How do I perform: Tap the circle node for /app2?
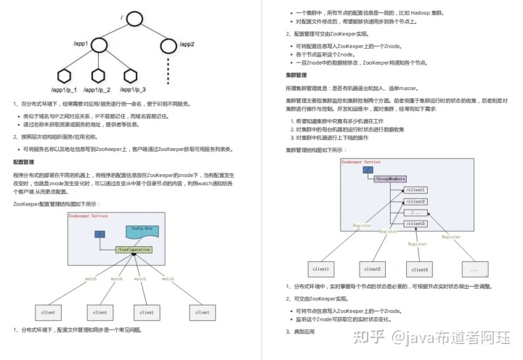169,47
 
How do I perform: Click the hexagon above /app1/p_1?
63,75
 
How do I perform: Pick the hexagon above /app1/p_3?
131,75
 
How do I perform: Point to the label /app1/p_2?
97,90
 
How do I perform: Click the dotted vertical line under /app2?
169,72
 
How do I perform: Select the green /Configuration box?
134,250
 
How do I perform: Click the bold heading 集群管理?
296,75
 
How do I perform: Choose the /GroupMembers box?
390,178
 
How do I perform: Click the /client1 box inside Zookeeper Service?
415,189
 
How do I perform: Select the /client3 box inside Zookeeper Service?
415,224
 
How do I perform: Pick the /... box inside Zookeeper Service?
415,212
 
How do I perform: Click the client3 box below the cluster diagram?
421,270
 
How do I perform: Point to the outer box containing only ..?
474,270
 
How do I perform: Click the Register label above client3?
418,244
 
